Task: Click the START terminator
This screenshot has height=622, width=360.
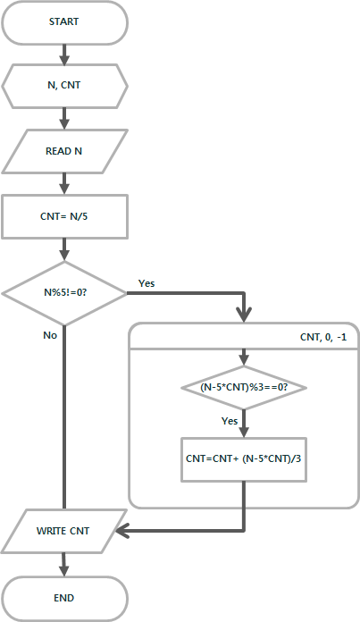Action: [64, 21]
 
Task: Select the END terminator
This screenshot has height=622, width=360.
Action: [64, 598]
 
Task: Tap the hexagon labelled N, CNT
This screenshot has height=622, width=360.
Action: [64, 86]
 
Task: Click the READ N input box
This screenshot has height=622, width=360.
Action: [64, 151]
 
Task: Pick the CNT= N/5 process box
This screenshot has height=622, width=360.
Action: [64, 216]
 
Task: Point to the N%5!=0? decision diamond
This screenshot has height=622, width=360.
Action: [64, 293]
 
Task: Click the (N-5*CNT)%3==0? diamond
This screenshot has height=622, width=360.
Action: [244, 387]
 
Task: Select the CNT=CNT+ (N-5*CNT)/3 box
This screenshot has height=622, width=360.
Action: [244, 459]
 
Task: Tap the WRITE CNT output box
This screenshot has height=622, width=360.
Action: [63, 531]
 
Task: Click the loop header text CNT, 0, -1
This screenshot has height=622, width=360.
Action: [323, 337]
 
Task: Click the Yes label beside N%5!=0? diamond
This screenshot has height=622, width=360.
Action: [147, 283]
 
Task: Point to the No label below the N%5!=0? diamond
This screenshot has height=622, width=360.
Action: [50, 335]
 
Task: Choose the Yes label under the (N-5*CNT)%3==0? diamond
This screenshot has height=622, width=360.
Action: [230, 421]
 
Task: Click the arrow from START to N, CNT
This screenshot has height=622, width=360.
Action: [64, 54]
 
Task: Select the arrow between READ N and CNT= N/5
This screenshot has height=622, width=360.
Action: [64, 184]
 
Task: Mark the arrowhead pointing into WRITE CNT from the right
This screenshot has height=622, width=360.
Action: [122, 530]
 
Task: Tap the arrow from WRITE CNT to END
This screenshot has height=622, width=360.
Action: [64, 565]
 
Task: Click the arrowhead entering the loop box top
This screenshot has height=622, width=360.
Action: [244, 315]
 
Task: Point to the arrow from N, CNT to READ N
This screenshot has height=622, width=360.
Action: [64, 119]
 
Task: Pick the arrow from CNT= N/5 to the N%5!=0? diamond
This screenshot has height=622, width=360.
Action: [64, 250]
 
